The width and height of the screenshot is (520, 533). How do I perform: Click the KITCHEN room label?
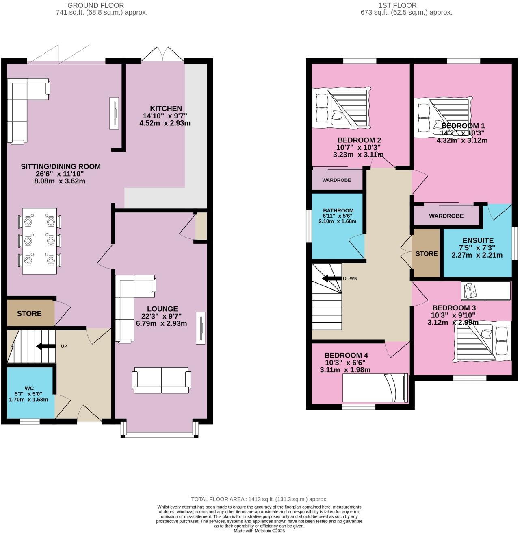point(166,109)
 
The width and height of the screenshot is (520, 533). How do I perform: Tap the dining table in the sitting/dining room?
point(39,241)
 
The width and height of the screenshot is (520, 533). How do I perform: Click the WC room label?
point(29,388)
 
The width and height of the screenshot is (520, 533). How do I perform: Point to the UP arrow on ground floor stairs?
point(45,347)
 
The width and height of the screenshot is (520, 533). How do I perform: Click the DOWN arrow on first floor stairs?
point(331,279)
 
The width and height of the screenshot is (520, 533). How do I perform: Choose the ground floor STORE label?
point(29,313)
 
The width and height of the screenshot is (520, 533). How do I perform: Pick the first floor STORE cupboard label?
point(427,253)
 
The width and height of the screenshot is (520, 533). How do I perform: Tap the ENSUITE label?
point(478,240)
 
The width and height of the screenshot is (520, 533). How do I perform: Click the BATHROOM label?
point(338,210)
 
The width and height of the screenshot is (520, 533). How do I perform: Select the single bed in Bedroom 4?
point(375,388)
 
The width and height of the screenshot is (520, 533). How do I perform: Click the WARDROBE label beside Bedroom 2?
point(336,180)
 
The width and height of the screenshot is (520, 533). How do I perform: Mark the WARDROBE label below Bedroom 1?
point(446,216)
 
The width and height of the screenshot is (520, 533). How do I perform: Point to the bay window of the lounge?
point(160,435)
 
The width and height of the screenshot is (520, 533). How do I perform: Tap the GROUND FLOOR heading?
point(95,5)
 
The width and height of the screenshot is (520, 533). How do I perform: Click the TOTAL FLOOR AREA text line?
point(259,499)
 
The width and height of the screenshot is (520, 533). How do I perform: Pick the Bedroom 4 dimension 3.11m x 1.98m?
point(345,370)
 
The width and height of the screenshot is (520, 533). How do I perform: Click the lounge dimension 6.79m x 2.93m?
point(161,323)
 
